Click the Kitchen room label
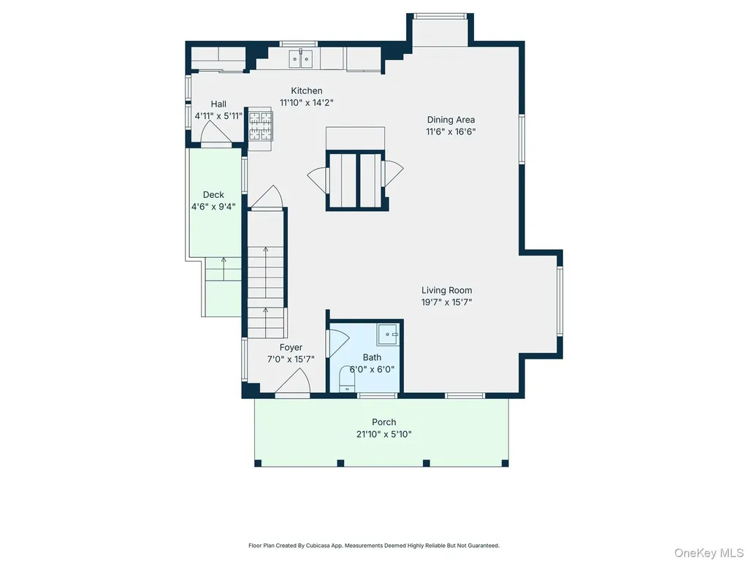click(307, 91)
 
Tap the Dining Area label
click(451, 120)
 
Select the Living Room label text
click(446, 290)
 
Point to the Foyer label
click(291, 348)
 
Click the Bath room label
click(372, 357)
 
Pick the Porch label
click(384, 422)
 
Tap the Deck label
click(213, 194)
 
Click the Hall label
click(218, 104)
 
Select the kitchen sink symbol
click(301, 60)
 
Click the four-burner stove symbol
click(261, 126)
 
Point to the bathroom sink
click(389, 335)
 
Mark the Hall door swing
click(215, 132)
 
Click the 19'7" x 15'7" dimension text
click(446, 302)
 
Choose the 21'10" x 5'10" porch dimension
click(384, 434)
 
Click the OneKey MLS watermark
click(709, 553)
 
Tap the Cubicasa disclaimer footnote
click(374, 545)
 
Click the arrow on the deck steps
click(224, 268)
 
